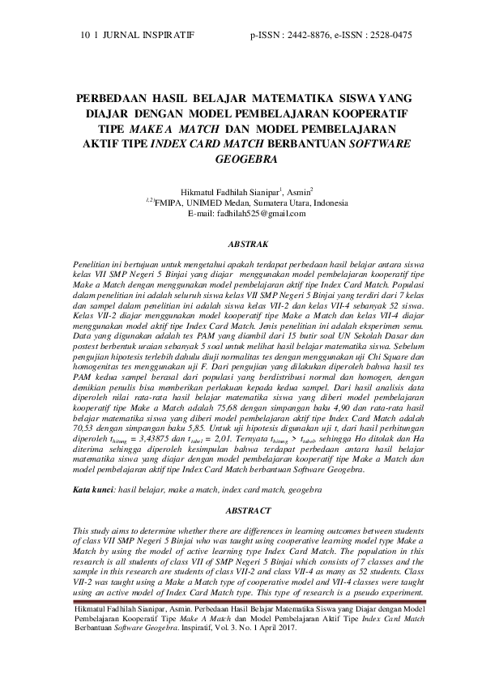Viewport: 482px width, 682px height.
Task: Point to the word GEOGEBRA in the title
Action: pyautogui.click(x=240, y=160)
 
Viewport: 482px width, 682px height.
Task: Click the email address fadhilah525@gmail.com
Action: pyautogui.click(x=258, y=213)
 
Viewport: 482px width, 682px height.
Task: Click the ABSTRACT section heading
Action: pyautogui.click(x=241, y=511)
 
